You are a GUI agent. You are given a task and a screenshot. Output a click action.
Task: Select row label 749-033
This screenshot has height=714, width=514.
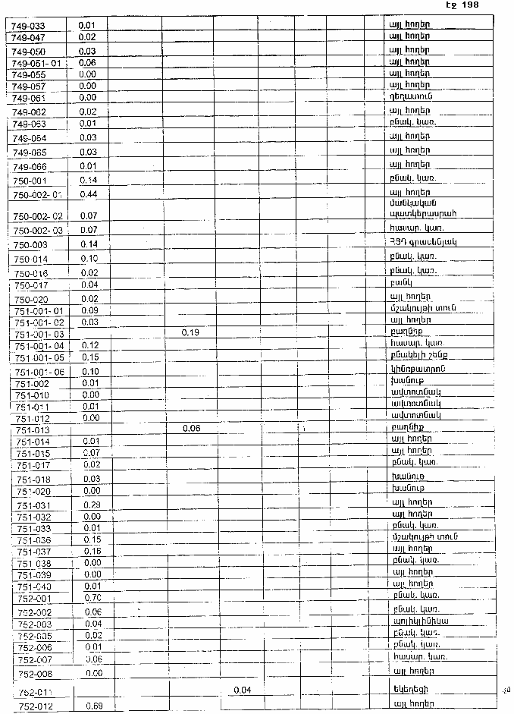pyautogui.click(x=29, y=26)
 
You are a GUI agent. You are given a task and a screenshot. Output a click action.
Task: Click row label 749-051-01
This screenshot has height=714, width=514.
pyautogui.click(x=39, y=63)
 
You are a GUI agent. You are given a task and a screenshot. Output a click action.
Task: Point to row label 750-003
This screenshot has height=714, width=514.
pyautogui.click(x=31, y=244)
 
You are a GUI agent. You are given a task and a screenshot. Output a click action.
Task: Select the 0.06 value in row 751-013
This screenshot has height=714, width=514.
pyautogui.click(x=190, y=429)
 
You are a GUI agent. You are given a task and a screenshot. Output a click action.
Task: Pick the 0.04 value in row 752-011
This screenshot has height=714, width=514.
pyautogui.click(x=242, y=690)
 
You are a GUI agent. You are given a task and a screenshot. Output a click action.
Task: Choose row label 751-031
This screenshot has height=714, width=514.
pyautogui.click(x=33, y=505)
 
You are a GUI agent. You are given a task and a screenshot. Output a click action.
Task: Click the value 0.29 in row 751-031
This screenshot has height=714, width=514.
pyautogui.click(x=92, y=505)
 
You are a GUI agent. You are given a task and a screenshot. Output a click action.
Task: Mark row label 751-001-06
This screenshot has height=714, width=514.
pyautogui.click(x=39, y=371)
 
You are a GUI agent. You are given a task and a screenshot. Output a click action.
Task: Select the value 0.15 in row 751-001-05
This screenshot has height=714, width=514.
pyautogui.click(x=91, y=357)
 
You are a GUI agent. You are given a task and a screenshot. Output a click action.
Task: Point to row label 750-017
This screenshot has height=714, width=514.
pyautogui.click(x=31, y=285)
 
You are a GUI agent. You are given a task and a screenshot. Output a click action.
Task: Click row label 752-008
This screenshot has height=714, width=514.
pyautogui.click(x=35, y=674)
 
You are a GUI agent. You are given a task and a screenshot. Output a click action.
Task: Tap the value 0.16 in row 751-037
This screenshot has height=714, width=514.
pyautogui.click(x=92, y=551)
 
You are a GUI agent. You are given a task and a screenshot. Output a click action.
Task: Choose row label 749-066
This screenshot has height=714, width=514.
pyautogui.click(x=30, y=167)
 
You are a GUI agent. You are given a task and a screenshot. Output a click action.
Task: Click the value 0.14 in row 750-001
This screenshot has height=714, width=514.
pyautogui.click(x=89, y=181)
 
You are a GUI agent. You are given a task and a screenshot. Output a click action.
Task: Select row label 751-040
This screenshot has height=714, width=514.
pyautogui.click(x=33, y=586)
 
